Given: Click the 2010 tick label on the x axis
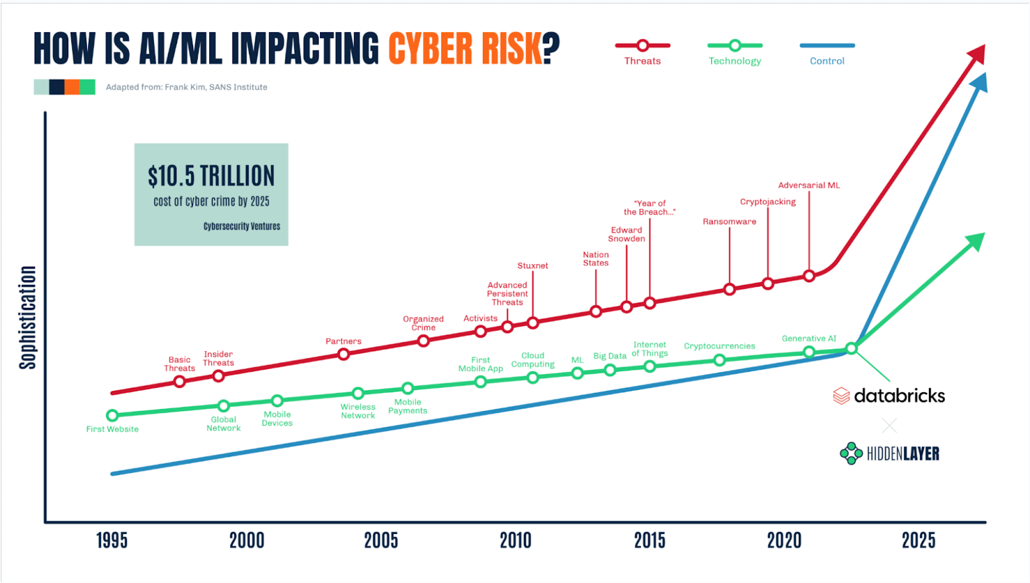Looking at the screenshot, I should pyautogui.click(x=516, y=540).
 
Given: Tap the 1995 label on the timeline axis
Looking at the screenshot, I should pyautogui.click(x=112, y=540).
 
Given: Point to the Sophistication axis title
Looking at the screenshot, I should pyautogui.click(x=28, y=318).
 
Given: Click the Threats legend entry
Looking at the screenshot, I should pyautogui.click(x=642, y=53).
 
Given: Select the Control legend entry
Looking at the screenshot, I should pyautogui.click(x=827, y=53).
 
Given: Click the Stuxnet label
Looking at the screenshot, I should pyautogui.click(x=533, y=265).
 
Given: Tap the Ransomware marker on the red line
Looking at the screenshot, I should pyautogui.click(x=729, y=289).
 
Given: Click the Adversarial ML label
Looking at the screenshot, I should pyautogui.click(x=809, y=186).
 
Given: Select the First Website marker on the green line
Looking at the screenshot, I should pyautogui.click(x=113, y=416).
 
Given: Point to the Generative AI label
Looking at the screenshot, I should pyautogui.click(x=809, y=338).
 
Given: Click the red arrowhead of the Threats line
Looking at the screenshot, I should pyautogui.click(x=978, y=53).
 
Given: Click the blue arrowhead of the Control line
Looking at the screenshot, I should pyautogui.click(x=979, y=82).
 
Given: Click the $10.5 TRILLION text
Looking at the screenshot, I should pyautogui.click(x=211, y=176).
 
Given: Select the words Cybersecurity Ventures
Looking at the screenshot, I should pyautogui.click(x=242, y=226).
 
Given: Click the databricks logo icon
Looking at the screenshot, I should pyautogui.click(x=841, y=396).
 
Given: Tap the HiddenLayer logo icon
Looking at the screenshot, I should pyautogui.click(x=851, y=454).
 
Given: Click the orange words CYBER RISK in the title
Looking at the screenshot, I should pyautogui.click(x=465, y=48).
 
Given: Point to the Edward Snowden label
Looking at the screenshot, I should pyautogui.click(x=626, y=234).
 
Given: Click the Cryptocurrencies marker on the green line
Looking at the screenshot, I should pyautogui.click(x=720, y=360).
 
